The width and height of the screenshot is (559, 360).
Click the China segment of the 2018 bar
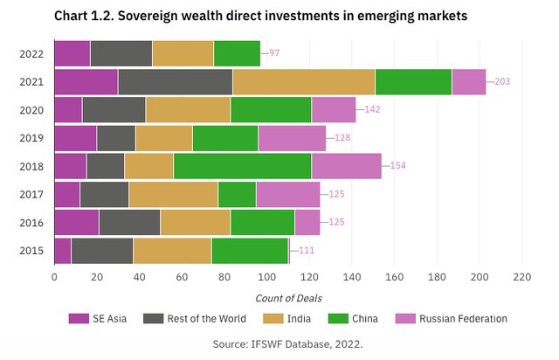[242, 166]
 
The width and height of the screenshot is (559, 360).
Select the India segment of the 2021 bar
[304, 81]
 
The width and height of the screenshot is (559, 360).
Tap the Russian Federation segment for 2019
[292, 138]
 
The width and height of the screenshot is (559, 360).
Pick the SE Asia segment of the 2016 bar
[76, 222]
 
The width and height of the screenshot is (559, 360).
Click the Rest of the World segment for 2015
[102, 250]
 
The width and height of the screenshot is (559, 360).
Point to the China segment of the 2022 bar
[237, 53]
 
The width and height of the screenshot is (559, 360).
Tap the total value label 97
[274, 53]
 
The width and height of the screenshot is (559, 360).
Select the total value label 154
[398, 166]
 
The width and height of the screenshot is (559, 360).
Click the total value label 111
[307, 250]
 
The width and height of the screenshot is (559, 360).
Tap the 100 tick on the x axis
[266, 277]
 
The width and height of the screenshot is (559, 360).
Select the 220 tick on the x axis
[521, 277]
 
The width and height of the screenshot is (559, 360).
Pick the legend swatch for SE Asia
[79, 319]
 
